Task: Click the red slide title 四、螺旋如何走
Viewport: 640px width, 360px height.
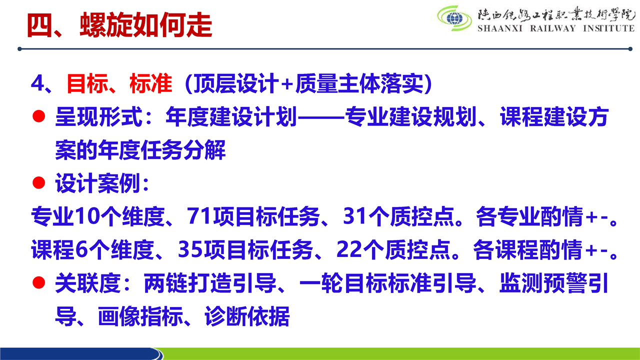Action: (119, 25)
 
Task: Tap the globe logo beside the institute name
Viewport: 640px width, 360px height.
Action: (454, 18)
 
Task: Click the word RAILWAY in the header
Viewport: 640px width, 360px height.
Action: (552, 28)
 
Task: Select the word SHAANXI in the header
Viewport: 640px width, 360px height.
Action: (500, 28)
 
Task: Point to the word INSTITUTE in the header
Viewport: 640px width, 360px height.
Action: (608, 28)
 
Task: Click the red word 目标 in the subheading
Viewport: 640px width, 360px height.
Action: (87, 83)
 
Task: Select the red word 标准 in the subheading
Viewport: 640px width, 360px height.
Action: (151, 83)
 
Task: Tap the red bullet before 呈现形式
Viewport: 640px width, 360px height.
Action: (39, 116)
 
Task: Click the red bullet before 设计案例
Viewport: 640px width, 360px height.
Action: (39, 182)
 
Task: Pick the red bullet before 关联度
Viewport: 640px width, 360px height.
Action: (39, 282)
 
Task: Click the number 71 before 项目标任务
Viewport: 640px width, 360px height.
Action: (199, 216)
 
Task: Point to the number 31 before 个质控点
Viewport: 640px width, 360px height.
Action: (355, 216)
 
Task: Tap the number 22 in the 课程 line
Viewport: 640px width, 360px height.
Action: (349, 249)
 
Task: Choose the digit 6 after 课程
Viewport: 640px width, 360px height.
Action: (81, 249)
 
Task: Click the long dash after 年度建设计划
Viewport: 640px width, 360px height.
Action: (321, 117)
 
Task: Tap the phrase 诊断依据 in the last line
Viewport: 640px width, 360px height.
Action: (247, 316)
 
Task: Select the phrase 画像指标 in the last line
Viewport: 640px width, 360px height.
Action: (140, 316)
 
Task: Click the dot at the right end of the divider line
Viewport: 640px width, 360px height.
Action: (630, 49)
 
